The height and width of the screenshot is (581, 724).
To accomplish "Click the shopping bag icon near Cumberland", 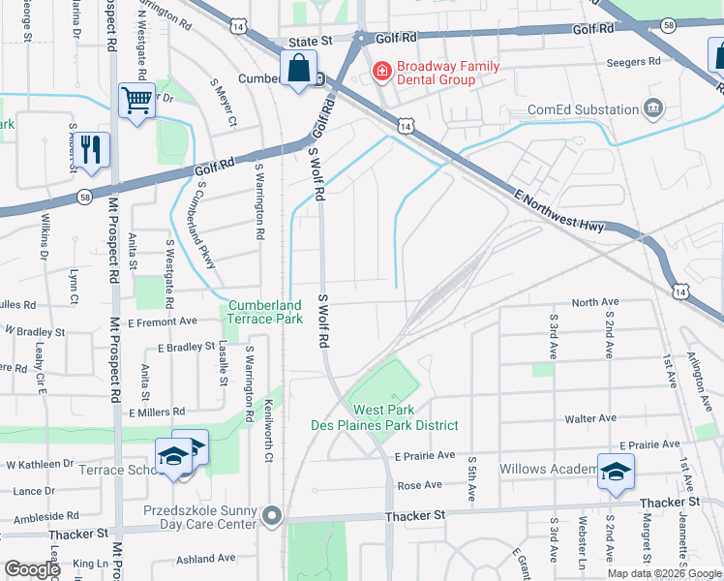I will click(x=299, y=69).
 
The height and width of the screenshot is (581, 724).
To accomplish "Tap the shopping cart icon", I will click(x=136, y=99).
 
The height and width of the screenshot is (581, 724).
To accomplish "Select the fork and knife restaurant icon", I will click(x=92, y=150).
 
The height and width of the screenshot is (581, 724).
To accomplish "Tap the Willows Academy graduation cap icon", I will click(x=615, y=472).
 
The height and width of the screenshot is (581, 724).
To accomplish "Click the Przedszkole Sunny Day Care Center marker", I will click(x=273, y=515).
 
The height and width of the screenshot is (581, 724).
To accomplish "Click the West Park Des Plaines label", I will click(x=384, y=417).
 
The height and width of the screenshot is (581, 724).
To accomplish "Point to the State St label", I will click(x=311, y=42).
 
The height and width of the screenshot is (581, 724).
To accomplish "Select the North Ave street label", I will click(x=594, y=302).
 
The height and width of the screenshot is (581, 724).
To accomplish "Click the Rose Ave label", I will click(x=419, y=485).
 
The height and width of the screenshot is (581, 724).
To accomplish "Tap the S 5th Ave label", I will click(x=471, y=478).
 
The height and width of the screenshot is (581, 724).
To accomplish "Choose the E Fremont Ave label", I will click(x=163, y=321).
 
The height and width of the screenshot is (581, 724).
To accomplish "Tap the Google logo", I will click(x=32, y=569).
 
